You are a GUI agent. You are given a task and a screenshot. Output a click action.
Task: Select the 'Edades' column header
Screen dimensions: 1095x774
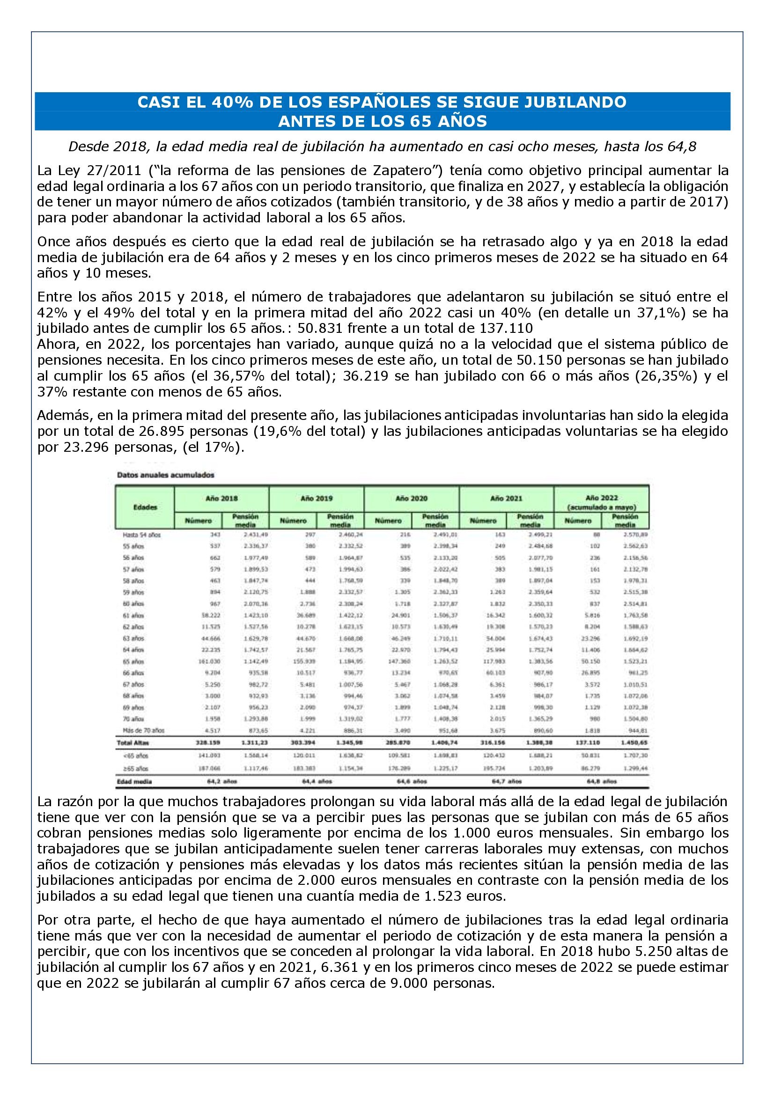click(145, 507)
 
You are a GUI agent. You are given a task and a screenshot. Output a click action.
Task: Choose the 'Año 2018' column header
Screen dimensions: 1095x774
click(222, 499)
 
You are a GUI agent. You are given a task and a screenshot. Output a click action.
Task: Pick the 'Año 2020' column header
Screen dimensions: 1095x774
click(411, 499)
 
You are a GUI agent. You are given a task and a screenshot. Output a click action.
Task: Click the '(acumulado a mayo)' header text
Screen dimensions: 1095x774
click(601, 507)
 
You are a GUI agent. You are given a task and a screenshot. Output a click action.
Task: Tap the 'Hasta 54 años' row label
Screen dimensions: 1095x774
click(141, 535)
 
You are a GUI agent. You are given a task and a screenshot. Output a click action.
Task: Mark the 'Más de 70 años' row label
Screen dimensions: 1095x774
click(144, 730)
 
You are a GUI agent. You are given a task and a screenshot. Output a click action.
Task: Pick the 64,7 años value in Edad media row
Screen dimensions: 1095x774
click(507, 781)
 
